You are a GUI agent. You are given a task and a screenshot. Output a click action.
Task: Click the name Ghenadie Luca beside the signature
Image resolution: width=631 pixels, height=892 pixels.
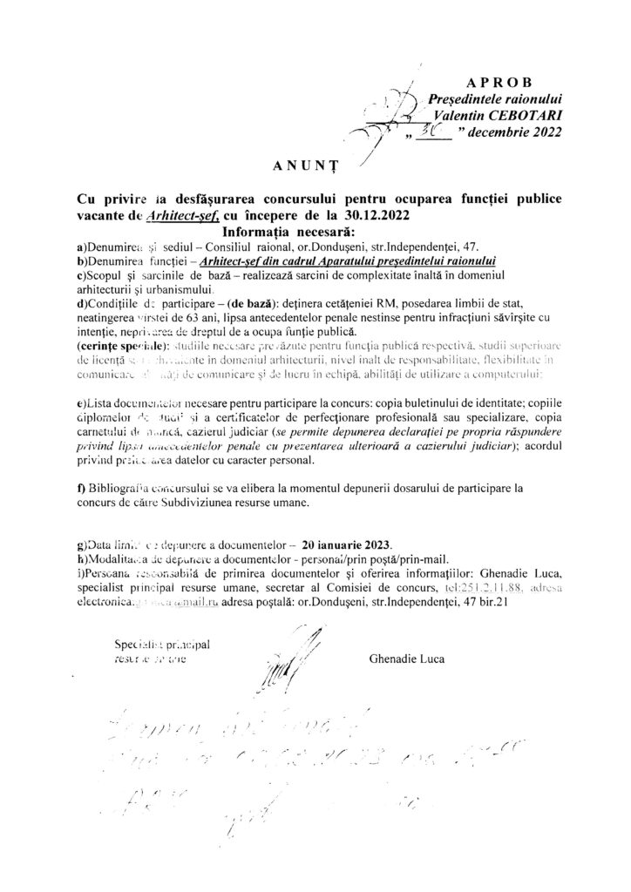pos(406,659)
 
